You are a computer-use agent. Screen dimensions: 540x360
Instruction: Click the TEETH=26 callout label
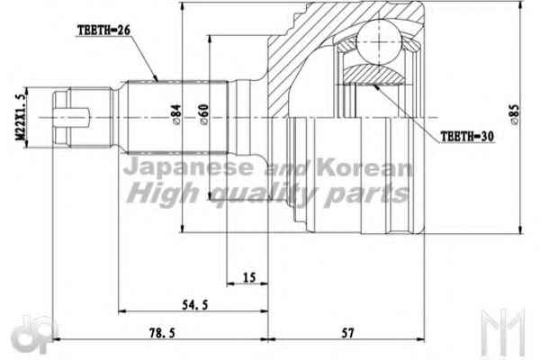point(104,31)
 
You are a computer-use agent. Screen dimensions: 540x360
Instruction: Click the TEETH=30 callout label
point(467,137)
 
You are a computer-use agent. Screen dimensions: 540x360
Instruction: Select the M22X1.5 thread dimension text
point(21,117)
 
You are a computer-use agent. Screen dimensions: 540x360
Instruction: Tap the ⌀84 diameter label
point(175,114)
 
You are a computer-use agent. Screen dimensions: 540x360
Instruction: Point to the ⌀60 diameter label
point(204,114)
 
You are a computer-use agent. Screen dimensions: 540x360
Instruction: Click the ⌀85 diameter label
point(514,113)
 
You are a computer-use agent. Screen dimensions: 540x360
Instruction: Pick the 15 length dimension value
point(249,277)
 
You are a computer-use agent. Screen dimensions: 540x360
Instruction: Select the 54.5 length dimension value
point(195,304)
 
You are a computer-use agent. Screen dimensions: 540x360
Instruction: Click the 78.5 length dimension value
point(162,333)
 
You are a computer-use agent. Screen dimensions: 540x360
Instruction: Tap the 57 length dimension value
point(347,333)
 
